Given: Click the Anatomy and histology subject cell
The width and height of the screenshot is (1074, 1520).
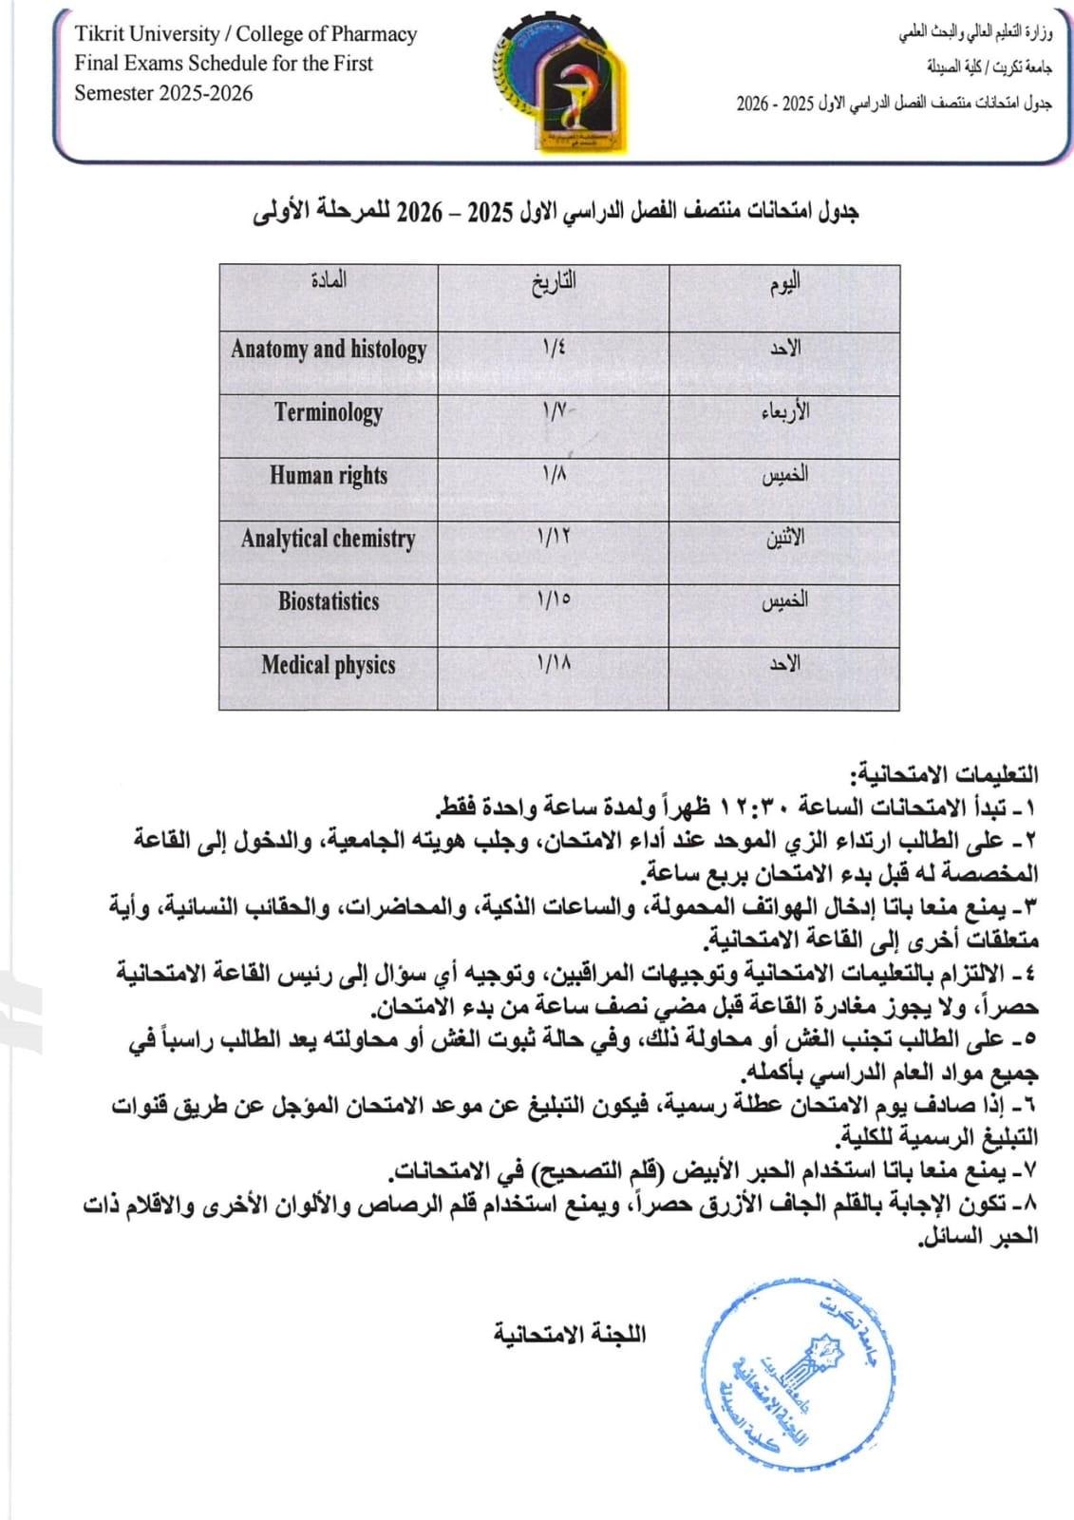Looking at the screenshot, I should pos(329,349).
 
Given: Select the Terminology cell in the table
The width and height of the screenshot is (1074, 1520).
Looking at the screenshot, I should pos(329,412).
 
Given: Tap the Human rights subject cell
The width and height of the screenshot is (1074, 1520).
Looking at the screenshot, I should pos(329,475).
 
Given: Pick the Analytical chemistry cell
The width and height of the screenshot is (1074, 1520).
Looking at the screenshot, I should pos(329,539).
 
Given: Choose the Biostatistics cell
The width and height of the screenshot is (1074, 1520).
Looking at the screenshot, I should pos(329,601).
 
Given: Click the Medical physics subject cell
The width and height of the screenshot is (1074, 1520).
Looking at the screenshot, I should pos(329,665).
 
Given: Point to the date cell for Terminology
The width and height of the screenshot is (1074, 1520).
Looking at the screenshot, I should pos(555,412).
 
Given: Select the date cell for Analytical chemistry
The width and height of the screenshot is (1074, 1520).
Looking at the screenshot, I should pos(555,539).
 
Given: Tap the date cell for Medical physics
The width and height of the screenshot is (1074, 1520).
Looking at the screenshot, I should pos(555,665).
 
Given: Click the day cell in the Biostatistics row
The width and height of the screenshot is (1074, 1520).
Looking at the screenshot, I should pos(784,601).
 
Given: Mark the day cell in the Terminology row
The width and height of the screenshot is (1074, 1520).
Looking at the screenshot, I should pos(784,412).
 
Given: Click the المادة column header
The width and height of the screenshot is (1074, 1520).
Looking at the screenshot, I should pos(329,280).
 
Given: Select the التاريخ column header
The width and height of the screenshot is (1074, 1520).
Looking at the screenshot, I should pos(554,282).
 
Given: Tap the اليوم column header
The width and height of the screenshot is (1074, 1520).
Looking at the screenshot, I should pos(784,282).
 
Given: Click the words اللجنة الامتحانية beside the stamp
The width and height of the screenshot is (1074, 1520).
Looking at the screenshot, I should pos(569,1334).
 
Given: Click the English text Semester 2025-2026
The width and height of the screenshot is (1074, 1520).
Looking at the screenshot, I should pos(164,93).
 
